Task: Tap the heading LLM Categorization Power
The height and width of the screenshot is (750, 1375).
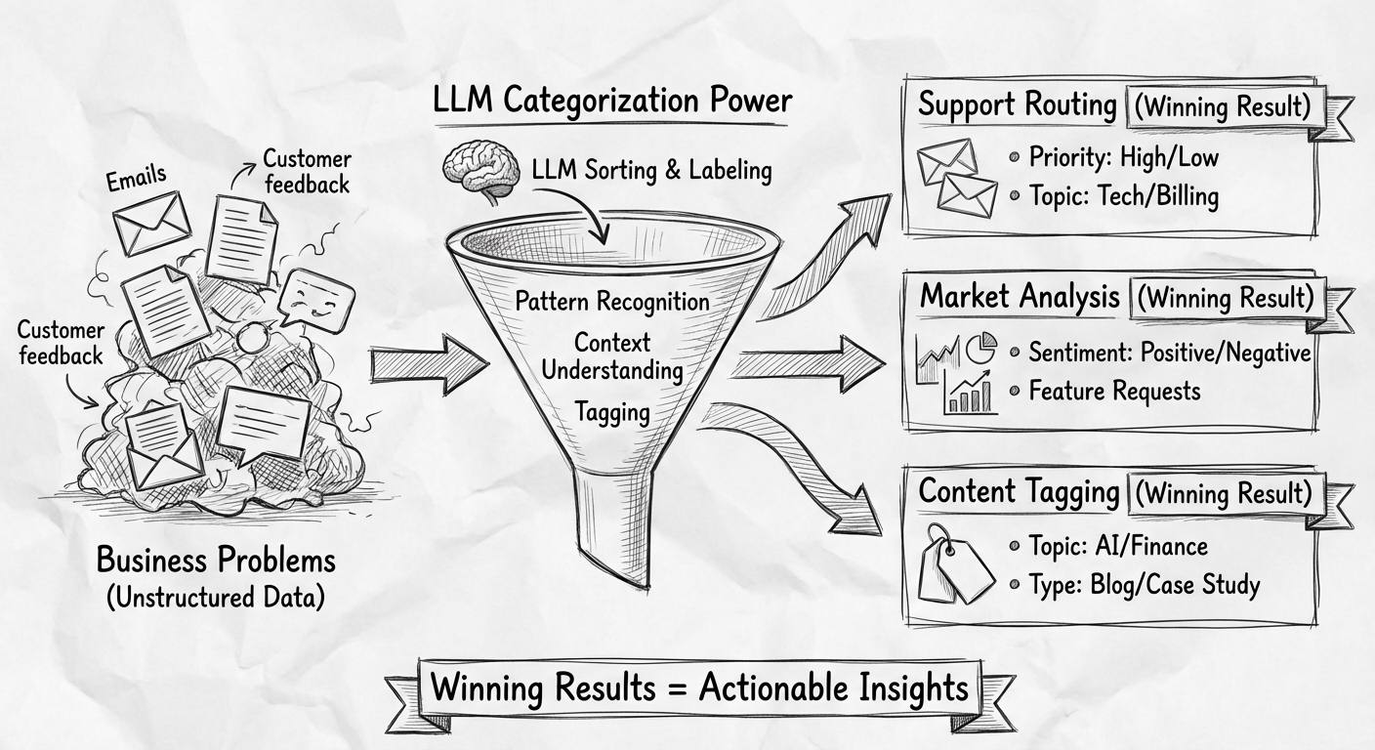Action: (612, 101)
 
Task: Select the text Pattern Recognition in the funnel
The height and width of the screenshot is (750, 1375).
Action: (612, 300)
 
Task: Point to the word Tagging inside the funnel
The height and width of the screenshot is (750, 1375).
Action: (612, 411)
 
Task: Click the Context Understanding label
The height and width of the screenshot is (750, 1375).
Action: (612, 356)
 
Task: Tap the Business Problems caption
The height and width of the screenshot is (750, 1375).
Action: (216, 561)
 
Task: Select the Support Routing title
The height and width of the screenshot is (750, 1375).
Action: (1017, 104)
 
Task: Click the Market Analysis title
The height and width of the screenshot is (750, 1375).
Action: (1020, 296)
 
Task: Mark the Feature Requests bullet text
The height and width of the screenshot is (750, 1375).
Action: (1114, 392)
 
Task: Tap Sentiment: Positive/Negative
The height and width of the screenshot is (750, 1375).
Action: (1169, 353)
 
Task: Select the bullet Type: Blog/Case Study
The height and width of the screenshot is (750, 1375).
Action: (1144, 584)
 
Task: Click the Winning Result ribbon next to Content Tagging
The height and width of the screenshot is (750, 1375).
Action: (1229, 493)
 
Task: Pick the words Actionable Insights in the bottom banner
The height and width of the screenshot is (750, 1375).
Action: (833, 687)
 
